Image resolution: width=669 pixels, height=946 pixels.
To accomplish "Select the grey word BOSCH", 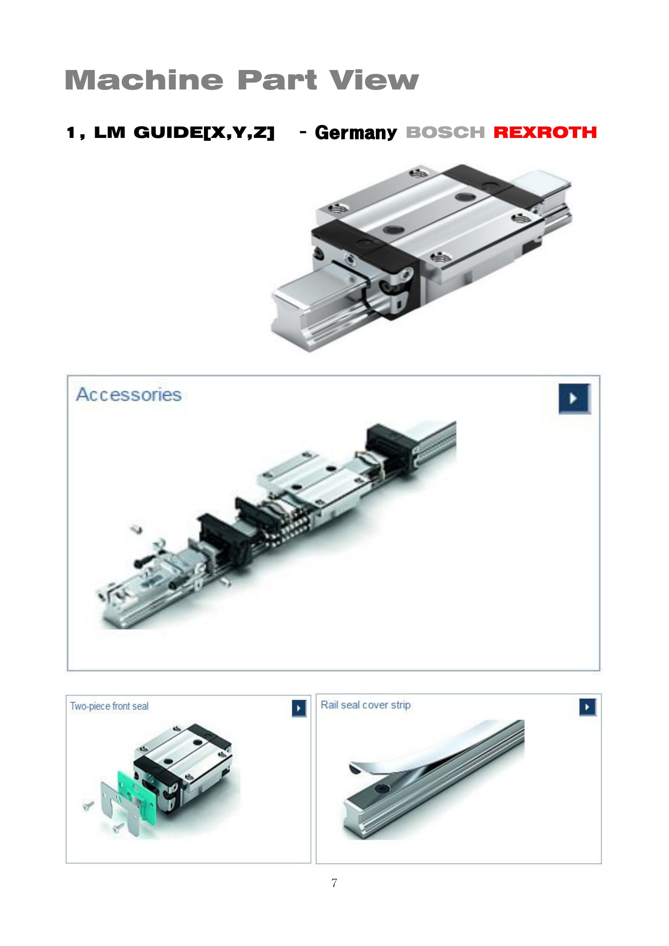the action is pos(445,132).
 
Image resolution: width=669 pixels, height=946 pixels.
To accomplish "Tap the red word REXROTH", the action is pos(545,132).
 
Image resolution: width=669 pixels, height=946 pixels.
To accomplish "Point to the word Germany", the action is pos(356,133).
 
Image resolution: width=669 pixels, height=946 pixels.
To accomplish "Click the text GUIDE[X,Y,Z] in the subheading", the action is pos(204,133).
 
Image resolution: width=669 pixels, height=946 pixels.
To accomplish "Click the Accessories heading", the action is pos(129,394).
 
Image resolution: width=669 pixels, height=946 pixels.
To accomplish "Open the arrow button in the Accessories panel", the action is pos(574,398).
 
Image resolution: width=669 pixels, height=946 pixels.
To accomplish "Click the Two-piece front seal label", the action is pos(109,706).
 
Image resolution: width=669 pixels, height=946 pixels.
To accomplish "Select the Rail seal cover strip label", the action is pos(365,705).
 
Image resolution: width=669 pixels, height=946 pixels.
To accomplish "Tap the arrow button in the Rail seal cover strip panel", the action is pos(587,707).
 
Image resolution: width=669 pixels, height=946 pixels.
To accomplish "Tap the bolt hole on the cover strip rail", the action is pos(381,789).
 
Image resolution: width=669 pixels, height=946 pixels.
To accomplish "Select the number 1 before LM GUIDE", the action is pos(71,133).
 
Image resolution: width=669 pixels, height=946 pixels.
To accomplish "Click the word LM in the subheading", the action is pos(110,132).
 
